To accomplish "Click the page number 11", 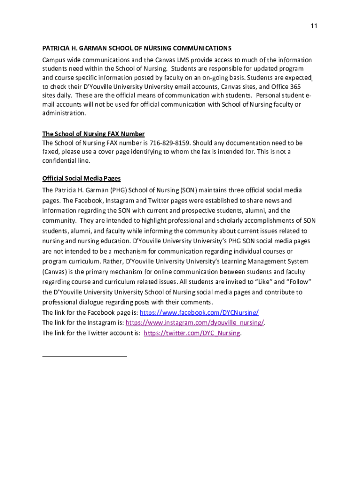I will (x=314, y=26).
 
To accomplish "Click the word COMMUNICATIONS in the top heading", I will (x=202, y=48).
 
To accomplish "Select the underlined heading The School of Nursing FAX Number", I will (x=93, y=134).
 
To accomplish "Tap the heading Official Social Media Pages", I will (x=81, y=178).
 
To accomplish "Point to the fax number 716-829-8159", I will (x=170, y=143).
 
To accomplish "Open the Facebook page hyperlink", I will (x=199, y=312).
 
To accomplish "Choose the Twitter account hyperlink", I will (x=192, y=333).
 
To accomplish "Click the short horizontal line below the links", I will (x=85, y=356).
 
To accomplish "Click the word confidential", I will (x=59, y=160).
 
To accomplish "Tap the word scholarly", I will (x=227, y=221).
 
